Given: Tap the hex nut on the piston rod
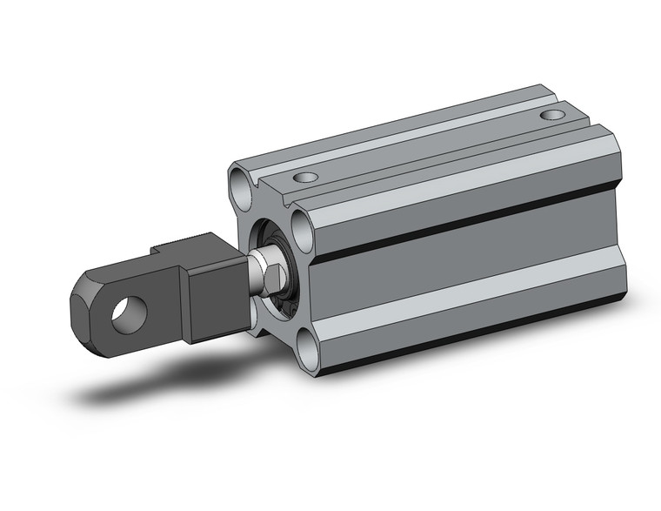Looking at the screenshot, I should click(x=271, y=277).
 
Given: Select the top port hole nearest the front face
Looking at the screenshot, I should click(x=304, y=178).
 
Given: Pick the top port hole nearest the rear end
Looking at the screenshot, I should click(x=550, y=115).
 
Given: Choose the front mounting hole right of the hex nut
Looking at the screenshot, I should click(x=304, y=232).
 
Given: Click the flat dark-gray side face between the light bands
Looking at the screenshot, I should click(x=461, y=261).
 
